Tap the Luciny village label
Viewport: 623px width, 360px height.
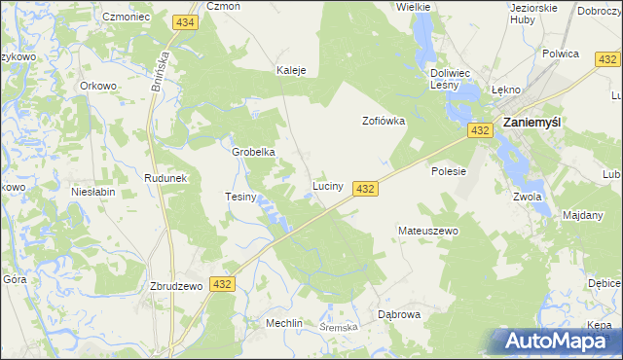(x=326, y=185)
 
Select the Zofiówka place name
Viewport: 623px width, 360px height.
(x=383, y=122)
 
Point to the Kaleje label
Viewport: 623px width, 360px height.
(x=291, y=70)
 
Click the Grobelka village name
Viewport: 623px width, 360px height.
(x=253, y=152)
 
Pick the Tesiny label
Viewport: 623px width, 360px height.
(x=239, y=197)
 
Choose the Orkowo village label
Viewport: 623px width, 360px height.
(x=98, y=85)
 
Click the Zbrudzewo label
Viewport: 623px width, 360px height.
(x=175, y=286)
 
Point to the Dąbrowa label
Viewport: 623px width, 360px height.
(x=398, y=314)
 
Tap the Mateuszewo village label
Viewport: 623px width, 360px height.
(x=427, y=231)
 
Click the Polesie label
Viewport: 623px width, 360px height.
(x=449, y=170)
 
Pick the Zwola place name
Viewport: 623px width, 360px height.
(x=526, y=196)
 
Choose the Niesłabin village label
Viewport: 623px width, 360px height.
(x=93, y=192)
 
